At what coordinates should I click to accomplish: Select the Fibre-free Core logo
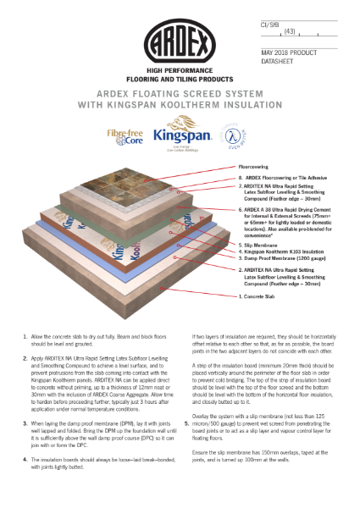click(124, 137)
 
